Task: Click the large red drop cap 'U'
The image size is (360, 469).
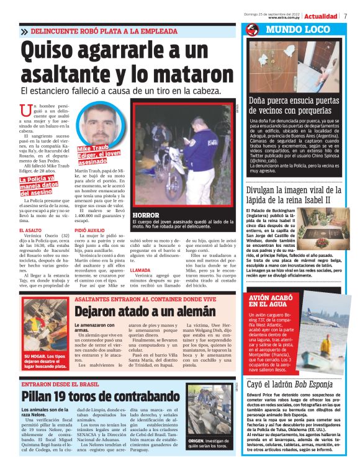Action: pyautogui.click(x=25, y=110)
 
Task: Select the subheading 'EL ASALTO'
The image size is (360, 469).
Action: pyautogui.click(x=32, y=230)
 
